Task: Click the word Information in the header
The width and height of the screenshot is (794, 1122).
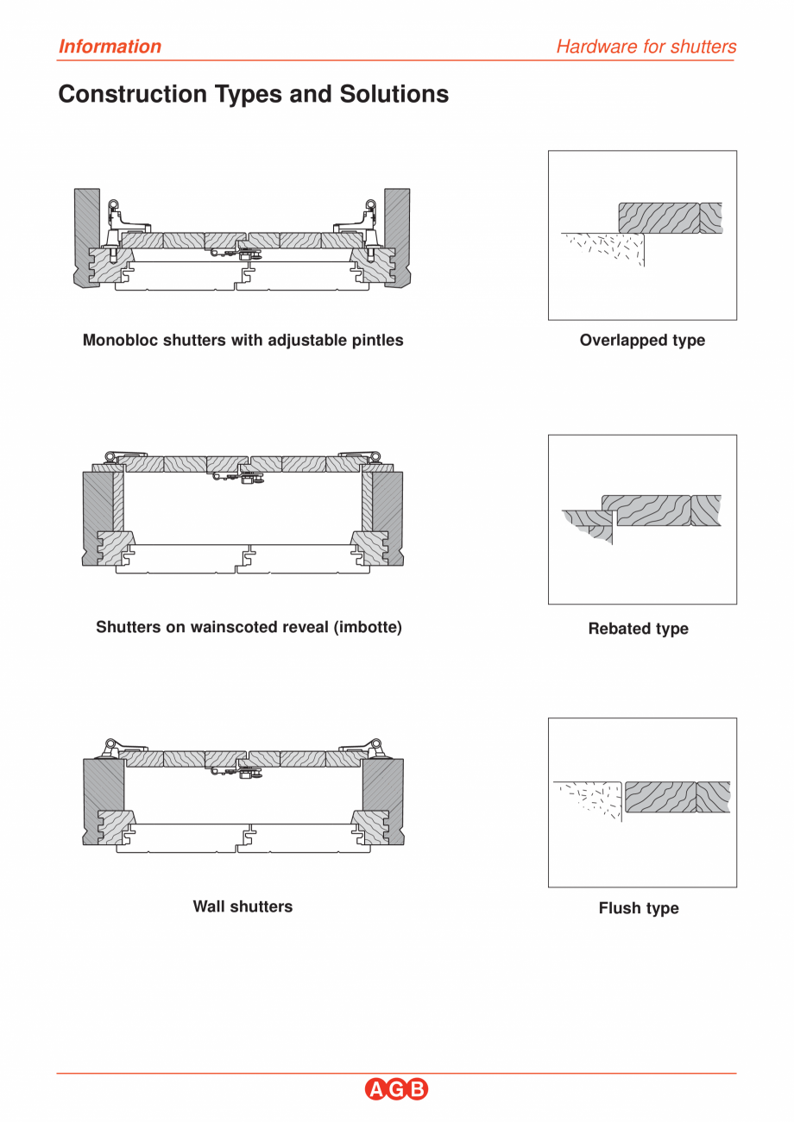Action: pos(110,47)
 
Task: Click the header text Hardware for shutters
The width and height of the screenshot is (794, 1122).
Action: pos(646,47)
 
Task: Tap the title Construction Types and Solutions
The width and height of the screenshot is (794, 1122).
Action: pos(253,94)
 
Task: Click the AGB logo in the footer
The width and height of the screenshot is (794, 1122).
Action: pos(396,1089)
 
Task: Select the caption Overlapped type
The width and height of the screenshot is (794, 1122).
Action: pos(642,341)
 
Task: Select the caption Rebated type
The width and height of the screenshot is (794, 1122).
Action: pos(638,629)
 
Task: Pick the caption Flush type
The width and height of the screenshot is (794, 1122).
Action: pos(639,908)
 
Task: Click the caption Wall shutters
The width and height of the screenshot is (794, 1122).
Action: pos(243,906)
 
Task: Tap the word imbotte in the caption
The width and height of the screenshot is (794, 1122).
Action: pos(372,627)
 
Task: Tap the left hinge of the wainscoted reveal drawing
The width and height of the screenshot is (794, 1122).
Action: pos(122,457)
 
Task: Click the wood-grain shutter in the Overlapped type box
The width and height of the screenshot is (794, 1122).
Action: pos(660,218)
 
